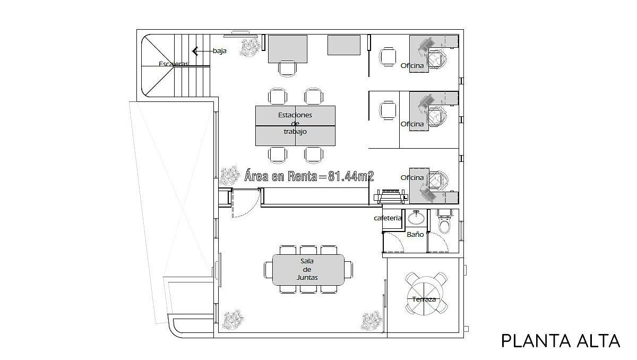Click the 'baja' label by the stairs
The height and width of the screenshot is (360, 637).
[x=220, y=51]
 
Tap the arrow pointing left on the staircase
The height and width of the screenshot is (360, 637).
[x=202, y=51]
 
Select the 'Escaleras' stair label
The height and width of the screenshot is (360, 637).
[x=174, y=64]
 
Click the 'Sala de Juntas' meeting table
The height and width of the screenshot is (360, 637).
[x=308, y=270]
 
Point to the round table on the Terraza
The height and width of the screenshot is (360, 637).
[x=426, y=296]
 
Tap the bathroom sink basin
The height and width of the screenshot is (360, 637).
[x=417, y=218]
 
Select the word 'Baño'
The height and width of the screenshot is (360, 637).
[x=415, y=234]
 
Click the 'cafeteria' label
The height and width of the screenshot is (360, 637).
[x=388, y=218]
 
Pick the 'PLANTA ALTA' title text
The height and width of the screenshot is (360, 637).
[x=561, y=341]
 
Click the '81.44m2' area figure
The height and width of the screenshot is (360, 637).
[x=351, y=176]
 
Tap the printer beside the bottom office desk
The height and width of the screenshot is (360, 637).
[x=391, y=196]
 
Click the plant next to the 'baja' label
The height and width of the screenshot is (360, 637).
[x=249, y=47]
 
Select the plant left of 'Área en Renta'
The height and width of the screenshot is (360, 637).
[x=230, y=175]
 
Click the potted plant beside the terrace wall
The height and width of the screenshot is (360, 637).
[x=371, y=321]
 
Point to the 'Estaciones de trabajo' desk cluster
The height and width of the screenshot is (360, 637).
[x=295, y=126]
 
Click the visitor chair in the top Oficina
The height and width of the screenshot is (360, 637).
[x=387, y=57]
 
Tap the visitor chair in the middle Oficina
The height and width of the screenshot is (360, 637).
[x=388, y=110]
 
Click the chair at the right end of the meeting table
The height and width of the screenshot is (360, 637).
[x=349, y=270]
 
